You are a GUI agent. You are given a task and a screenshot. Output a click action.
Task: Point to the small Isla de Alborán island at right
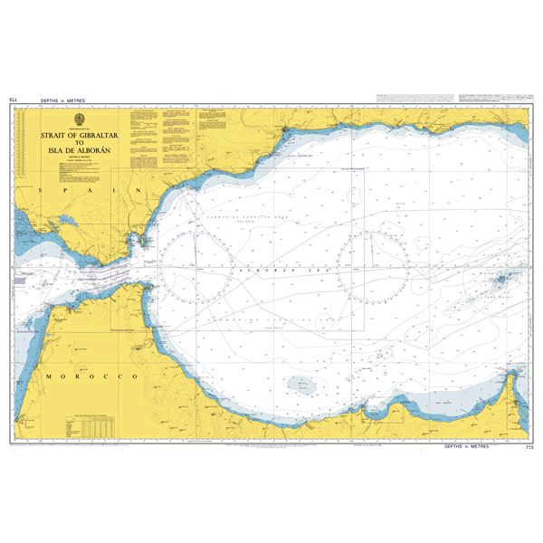point(500,280)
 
